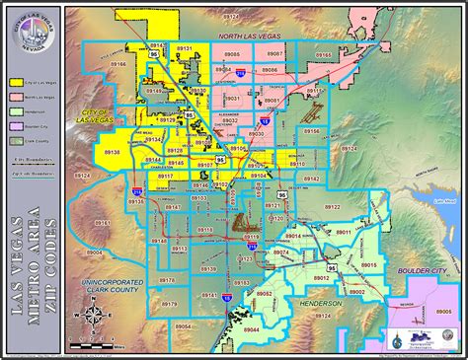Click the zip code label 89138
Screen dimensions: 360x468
point(112,152)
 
